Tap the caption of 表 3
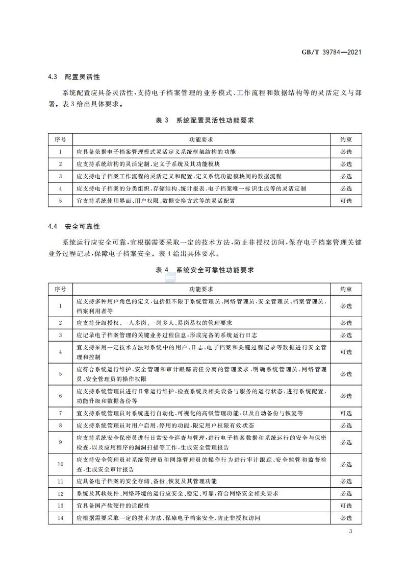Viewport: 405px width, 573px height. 205,121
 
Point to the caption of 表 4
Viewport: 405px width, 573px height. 205,270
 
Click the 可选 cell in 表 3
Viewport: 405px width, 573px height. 346,201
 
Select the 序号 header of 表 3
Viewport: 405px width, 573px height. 60,139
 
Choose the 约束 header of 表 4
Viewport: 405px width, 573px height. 346,289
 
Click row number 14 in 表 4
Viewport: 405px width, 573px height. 60,518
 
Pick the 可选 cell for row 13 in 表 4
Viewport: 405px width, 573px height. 346,506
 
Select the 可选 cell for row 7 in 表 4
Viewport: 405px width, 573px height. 346,413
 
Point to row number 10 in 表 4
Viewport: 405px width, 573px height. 60,464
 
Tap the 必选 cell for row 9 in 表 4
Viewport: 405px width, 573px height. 346,442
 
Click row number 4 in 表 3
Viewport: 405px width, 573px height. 60,188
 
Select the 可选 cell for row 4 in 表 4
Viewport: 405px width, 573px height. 346,352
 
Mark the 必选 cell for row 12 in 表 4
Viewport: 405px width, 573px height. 346,493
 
